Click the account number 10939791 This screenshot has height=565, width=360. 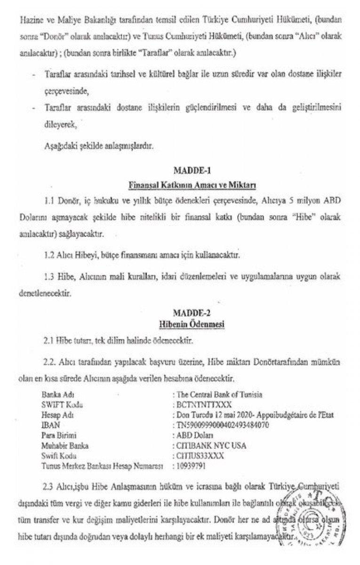[x=192, y=466]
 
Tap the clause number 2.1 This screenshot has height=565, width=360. [x=48, y=339]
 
